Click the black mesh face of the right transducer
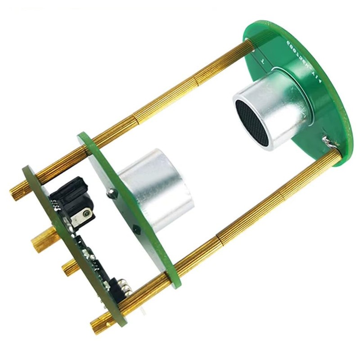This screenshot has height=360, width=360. point(252,122)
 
